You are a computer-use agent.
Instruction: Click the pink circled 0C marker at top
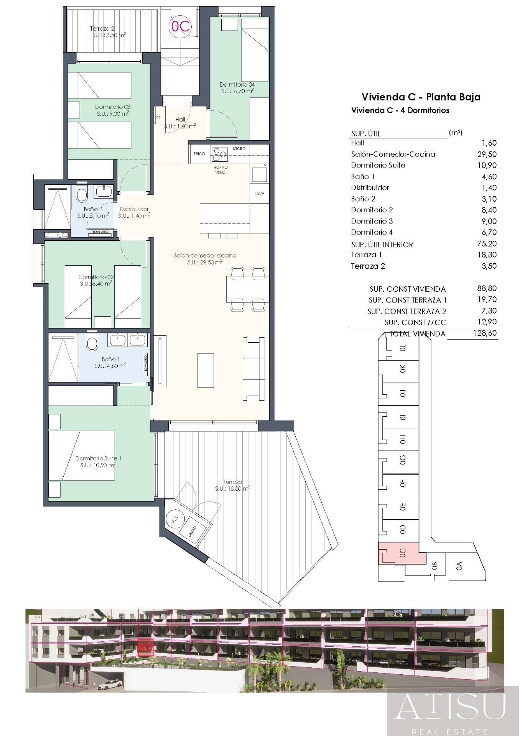pyautogui.click(x=180, y=26)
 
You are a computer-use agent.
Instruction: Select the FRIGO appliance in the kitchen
pyautogui.click(x=199, y=154)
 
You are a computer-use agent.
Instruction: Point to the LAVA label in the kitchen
pyautogui.click(x=260, y=194)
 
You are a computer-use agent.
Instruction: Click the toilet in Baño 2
pyautogui.click(x=82, y=194)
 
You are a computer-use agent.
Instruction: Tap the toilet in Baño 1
pyautogui.click(x=92, y=343)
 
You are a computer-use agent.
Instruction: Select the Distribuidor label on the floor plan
pyautogui.click(x=134, y=209)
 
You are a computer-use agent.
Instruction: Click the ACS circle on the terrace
pyautogui.click(x=175, y=519)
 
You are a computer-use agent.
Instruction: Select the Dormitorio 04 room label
pyautogui.click(x=237, y=84)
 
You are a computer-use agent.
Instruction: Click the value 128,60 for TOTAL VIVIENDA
pyautogui.click(x=485, y=333)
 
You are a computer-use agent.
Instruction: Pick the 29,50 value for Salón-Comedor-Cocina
pyautogui.click(x=489, y=154)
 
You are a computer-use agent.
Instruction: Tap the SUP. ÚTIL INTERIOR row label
pyautogui.click(x=382, y=244)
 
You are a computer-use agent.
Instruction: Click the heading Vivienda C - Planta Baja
pyautogui.click(x=421, y=97)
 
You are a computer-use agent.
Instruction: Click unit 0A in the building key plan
pyautogui.click(x=459, y=566)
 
